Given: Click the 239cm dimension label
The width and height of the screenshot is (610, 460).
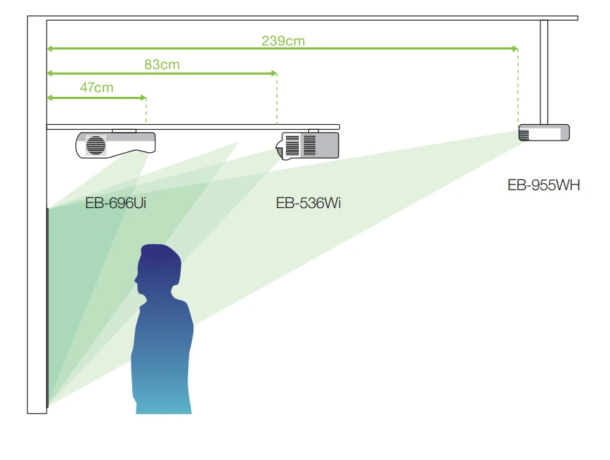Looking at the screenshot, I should click(x=283, y=41).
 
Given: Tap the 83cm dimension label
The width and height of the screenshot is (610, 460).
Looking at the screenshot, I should click(x=162, y=65).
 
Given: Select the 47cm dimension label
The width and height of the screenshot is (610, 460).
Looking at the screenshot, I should click(x=96, y=88).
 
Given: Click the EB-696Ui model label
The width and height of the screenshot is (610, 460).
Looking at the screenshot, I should click(x=116, y=203).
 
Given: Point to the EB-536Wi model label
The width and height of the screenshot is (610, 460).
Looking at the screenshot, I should click(x=308, y=203).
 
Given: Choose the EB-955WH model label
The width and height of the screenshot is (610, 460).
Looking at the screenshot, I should click(x=543, y=185).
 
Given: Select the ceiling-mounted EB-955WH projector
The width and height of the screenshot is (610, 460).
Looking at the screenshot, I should click(x=545, y=133).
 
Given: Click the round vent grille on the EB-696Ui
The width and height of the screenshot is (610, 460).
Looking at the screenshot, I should click(x=95, y=145).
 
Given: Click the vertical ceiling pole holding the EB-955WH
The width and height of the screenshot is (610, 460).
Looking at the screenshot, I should click(x=544, y=72).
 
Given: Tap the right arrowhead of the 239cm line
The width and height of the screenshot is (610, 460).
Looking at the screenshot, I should click(x=514, y=49).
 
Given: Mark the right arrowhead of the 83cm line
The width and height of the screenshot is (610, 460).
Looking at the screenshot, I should click(x=273, y=73).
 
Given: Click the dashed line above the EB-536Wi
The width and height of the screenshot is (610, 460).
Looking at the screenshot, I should click(x=277, y=100).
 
